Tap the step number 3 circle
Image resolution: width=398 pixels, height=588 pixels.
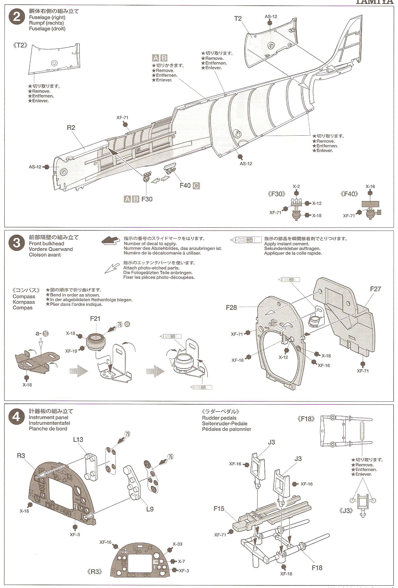[16, 244]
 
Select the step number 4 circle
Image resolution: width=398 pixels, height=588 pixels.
[16, 417]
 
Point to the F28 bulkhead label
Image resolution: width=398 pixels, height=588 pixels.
[231, 307]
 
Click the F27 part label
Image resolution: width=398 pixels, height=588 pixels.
[375, 289]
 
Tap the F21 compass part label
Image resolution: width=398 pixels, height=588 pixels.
[95, 319]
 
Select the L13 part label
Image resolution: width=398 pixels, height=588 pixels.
[78, 439]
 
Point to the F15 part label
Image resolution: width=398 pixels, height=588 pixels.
[219, 509]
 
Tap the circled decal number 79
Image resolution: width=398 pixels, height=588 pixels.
[127, 434]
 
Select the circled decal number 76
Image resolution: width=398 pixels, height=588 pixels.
[170, 457]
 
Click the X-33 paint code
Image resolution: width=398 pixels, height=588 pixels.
[177, 544]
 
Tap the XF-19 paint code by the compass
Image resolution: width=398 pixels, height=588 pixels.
[71, 351]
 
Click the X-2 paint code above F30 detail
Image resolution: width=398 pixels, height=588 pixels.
[296, 186]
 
